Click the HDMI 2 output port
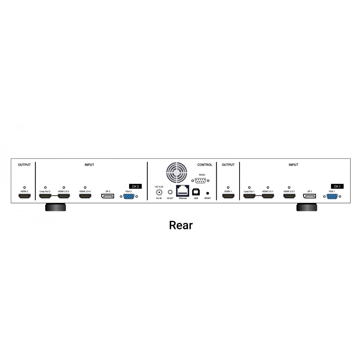click(25, 196)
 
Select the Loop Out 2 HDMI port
click(45, 196)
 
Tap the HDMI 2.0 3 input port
click(64, 196)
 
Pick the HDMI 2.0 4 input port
click(85, 196)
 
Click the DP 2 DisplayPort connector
click(108, 196)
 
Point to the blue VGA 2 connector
click(129, 196)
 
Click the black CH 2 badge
click(135, 187)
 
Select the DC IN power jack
click(159, 192)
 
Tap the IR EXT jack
click(170, 192)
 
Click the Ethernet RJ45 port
click(183, 191)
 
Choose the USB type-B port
click(196, 192)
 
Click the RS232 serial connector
click(200, 180)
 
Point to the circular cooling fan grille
click(177, 173)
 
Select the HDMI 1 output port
click(228, 196)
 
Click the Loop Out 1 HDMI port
click(249, 196)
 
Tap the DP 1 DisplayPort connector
click(310, 196)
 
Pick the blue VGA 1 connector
click(332, 196)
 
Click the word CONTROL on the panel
click(205, 165)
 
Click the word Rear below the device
click(181, 225)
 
